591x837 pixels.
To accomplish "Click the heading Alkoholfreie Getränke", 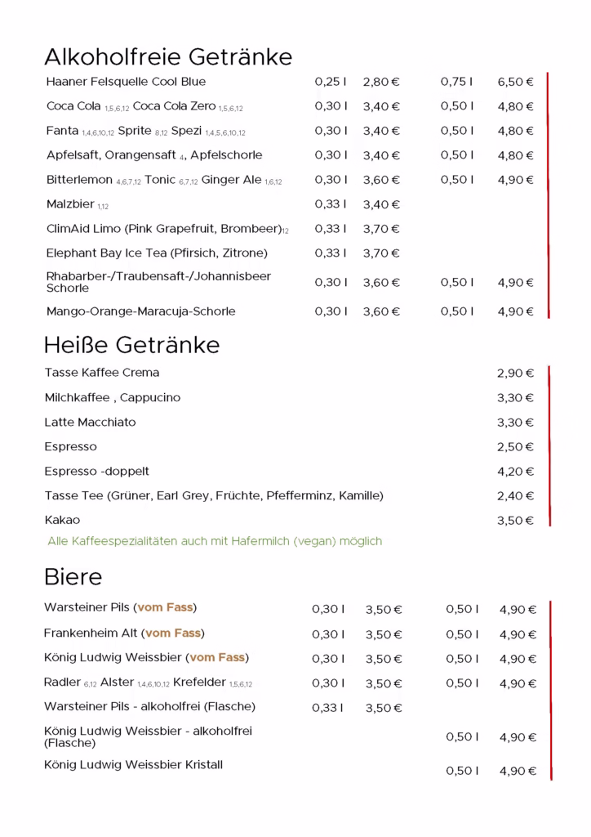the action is (167, 57).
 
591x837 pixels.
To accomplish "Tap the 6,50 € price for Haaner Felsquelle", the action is (515, 82).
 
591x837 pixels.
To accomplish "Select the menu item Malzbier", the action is (70, 204).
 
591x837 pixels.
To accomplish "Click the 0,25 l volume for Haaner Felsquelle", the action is (331, 82).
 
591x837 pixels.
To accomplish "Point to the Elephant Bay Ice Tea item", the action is (157, 253).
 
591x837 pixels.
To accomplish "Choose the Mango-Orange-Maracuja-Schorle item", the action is (140, 311).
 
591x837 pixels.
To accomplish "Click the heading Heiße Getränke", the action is (131, 345).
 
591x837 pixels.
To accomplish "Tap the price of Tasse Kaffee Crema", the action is (515, 374).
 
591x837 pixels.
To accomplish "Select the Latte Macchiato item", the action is (90, 423).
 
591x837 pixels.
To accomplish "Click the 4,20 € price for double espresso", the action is (515, 472).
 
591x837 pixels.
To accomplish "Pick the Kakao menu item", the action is (62, 521).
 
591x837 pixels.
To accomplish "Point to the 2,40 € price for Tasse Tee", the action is (515, 496).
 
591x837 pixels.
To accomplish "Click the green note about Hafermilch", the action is (215, 541).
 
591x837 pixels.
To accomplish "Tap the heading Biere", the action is (73, 577).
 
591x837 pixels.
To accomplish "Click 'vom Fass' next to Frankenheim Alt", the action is (173, 633).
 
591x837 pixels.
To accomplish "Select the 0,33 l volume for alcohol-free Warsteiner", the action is (327, 708).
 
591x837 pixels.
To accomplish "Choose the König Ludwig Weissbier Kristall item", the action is (133, 765).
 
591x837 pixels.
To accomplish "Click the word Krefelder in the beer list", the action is (199, 683).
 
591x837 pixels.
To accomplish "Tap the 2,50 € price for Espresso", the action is (515, 447).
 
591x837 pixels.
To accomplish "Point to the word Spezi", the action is (186, 131).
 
